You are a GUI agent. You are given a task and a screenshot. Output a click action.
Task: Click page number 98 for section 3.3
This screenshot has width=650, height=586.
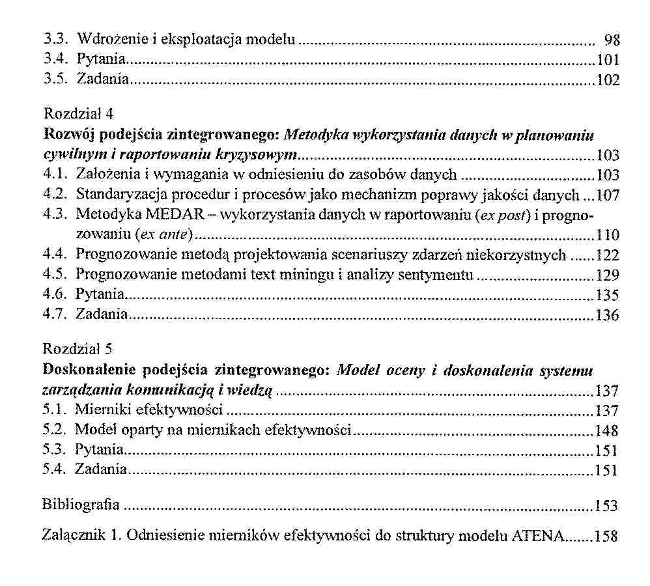click(x=612, y=40)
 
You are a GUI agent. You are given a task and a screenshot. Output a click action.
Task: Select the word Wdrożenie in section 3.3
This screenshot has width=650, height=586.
click(x=104, y=40)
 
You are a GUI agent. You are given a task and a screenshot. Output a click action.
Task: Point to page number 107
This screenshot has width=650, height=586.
click(x=607, y=195)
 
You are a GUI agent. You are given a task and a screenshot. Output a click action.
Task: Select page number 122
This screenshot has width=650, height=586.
click(x=607, y=255)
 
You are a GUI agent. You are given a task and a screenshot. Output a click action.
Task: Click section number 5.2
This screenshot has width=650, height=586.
click(x=54, y=430)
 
